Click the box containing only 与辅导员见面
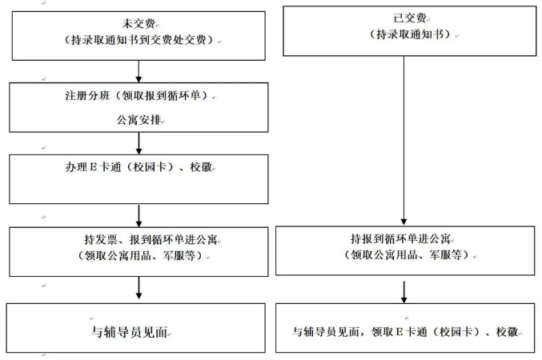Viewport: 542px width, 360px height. point(139,329)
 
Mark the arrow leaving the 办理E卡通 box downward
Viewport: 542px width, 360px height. point(139,214)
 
